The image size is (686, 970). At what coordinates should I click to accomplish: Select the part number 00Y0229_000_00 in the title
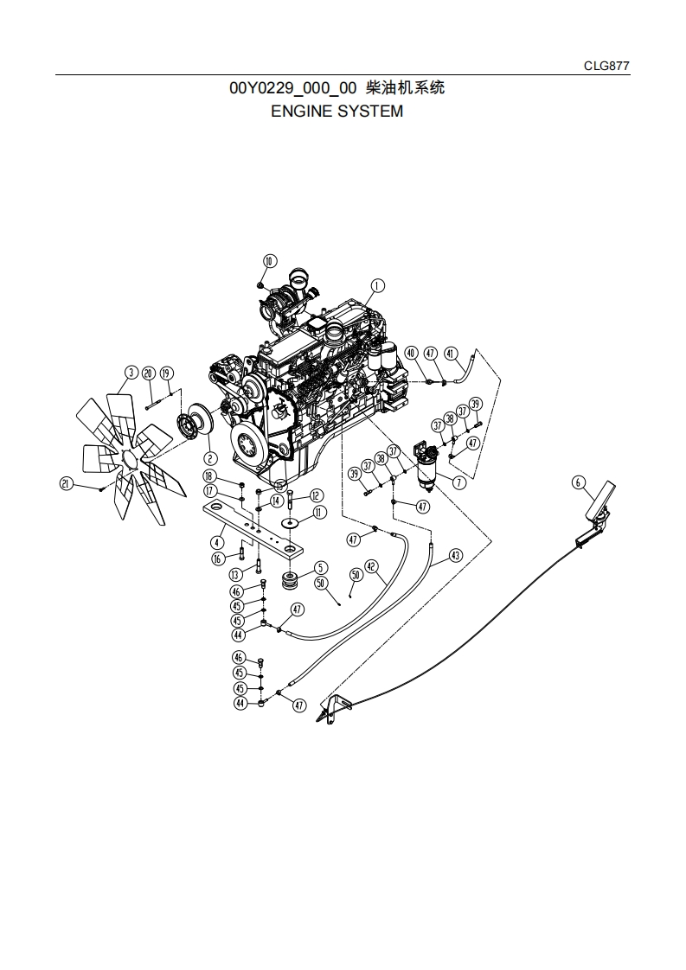292,88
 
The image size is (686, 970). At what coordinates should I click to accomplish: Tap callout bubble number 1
377,285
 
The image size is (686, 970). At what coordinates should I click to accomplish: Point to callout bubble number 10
268,261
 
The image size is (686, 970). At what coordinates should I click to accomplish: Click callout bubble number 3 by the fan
131,373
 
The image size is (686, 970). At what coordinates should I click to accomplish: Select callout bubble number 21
66,484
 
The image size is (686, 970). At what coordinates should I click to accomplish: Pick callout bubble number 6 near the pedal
579,482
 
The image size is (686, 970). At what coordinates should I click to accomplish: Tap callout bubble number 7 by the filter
458,482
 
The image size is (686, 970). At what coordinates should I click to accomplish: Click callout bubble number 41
451,354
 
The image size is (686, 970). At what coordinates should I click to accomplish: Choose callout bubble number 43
455,555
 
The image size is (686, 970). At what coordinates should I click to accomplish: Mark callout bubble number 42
371,566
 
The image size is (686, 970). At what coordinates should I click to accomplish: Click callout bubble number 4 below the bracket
217,541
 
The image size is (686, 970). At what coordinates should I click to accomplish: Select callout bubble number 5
320,568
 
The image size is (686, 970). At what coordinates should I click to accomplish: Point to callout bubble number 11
319,513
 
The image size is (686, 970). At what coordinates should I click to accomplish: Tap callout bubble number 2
210,458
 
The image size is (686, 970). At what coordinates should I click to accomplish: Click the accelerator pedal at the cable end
597,504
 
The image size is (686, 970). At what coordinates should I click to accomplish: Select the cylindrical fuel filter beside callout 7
426,469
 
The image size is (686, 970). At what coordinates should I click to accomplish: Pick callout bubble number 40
411,354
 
